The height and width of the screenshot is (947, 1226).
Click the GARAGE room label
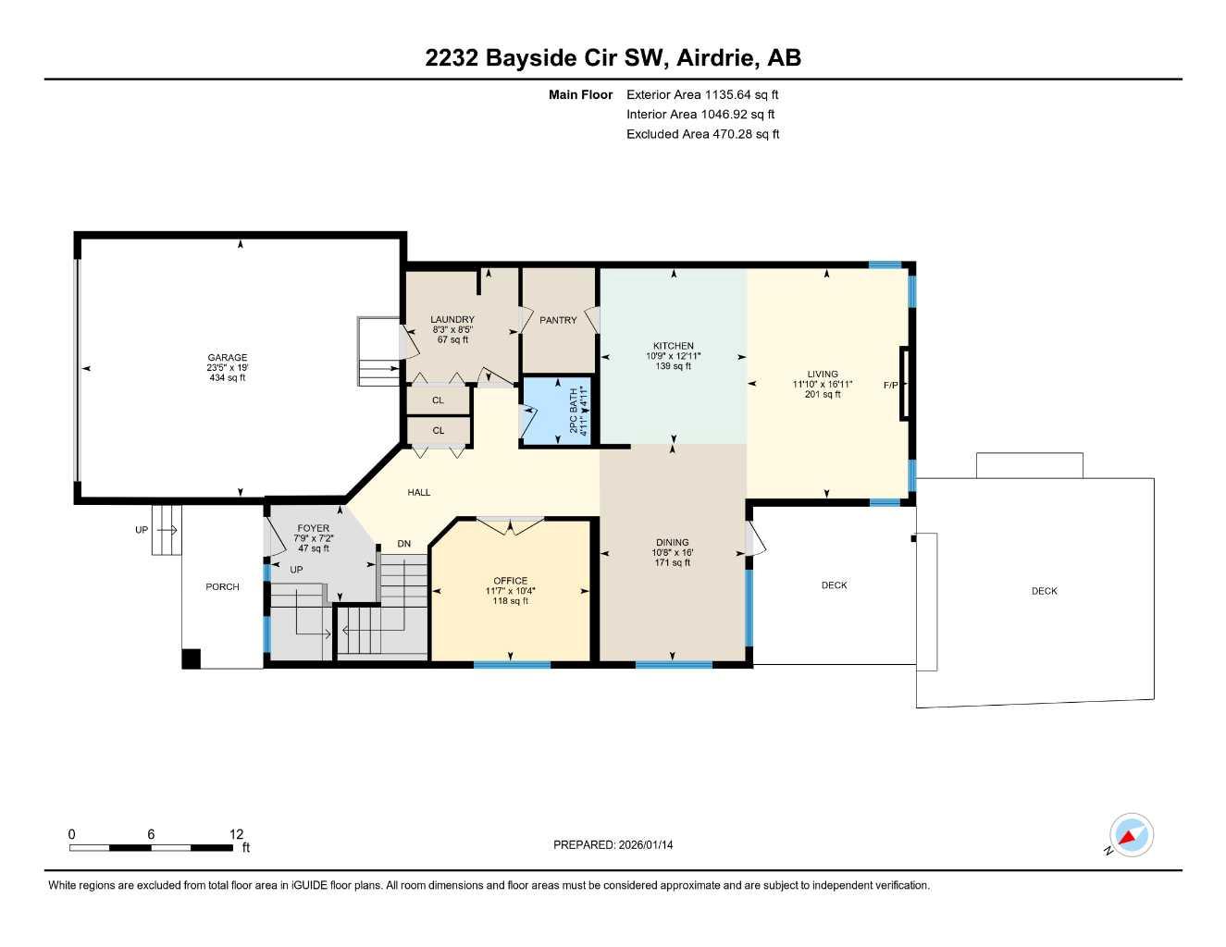227,358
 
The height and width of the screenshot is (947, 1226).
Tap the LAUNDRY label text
452,320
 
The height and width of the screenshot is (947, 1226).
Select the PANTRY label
558,320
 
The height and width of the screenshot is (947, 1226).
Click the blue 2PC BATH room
557,412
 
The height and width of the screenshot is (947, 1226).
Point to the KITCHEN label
673,346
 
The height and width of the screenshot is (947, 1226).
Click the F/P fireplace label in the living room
891,385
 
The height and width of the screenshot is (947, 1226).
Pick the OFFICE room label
510,581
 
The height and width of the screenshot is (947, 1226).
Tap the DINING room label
672,543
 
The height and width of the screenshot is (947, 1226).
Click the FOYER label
313,528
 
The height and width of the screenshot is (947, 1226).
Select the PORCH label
222,586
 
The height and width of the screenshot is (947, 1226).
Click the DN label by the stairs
403,544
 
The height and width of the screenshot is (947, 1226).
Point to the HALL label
419,492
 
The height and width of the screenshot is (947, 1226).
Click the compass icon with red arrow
1131,836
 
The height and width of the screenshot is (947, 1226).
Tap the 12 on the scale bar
236,834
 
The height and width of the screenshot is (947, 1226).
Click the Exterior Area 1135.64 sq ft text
702,94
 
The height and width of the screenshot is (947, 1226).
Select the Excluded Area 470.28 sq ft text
702,134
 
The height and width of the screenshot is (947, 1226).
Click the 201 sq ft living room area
823,395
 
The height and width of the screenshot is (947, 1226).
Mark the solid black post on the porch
191,658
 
